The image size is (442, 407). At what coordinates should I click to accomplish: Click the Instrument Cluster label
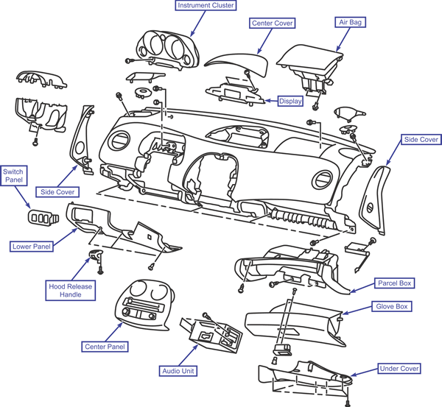click(206, 5)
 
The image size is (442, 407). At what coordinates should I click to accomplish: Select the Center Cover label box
click(273, 23)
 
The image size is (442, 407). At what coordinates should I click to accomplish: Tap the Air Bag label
click(350, 22)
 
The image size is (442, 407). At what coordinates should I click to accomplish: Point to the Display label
click(290, 101)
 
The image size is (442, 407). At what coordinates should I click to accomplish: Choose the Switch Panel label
click(14, 176)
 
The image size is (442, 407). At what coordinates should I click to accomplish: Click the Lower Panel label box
click(32, 247)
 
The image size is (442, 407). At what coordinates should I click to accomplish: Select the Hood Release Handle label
click(71, 291)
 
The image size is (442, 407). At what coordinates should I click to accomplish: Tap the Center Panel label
click(105, 347)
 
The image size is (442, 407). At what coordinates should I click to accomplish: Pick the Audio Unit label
click(178, 371)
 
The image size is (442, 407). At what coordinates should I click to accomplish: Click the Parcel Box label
click(395, 283)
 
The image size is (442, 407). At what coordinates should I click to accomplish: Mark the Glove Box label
click(392, 306)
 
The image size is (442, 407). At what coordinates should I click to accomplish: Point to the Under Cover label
click(399, 369)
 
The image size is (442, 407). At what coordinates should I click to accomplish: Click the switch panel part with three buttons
click(43, 218)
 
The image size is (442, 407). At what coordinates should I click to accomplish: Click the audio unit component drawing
click(211, 333)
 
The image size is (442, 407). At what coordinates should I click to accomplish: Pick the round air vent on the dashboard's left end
click(121, 141)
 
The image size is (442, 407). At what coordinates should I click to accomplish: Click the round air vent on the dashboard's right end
click(323, 180)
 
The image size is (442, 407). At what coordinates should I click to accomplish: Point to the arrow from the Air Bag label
click(343, 40)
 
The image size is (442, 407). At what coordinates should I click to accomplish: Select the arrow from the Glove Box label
click(357, 310)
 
